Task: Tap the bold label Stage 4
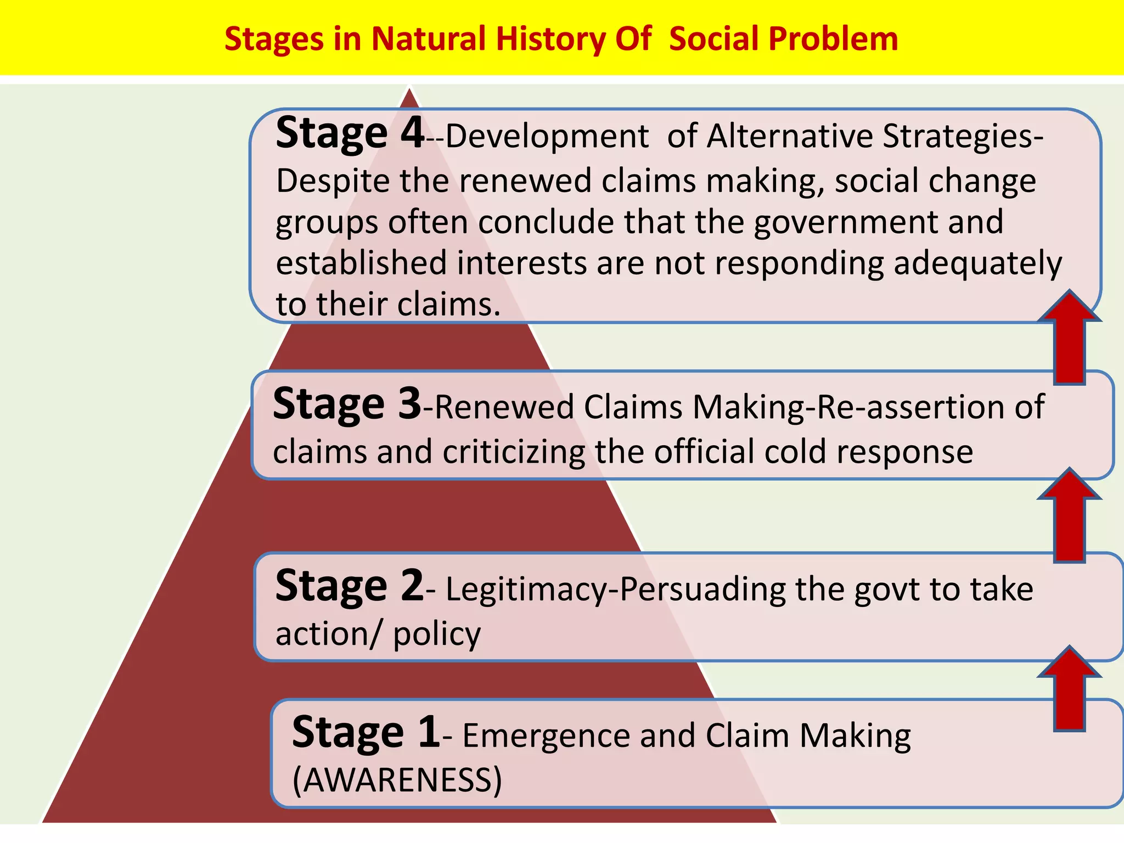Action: pyautogui.click(x=350, y=133)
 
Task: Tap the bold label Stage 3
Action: pyautogui.click(x=347, y=404)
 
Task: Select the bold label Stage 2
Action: pyautogui.click(x=350, y=586)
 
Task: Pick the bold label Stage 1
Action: pyautogui.click(x=366, y=733)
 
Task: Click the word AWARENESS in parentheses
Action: pyautogui.click(x=397, y=780)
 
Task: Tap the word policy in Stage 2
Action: pyautogui.click(x=437, y=634)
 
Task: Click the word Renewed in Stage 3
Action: pyautogui.click(x=504, y=408)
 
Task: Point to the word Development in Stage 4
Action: pyautogui.click(x=547, y=137)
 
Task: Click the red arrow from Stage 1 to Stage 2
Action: pyautogui.click(x=1069, y=692)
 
